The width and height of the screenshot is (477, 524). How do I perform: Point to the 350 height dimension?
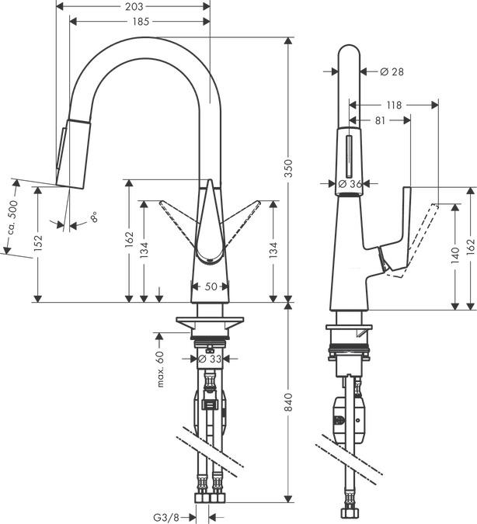288,174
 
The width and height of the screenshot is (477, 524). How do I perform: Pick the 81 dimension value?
380,120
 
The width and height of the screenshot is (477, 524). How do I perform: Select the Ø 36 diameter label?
350,184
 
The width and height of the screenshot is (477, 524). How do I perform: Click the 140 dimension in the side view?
454,256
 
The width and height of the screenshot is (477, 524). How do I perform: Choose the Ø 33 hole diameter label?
211,359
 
